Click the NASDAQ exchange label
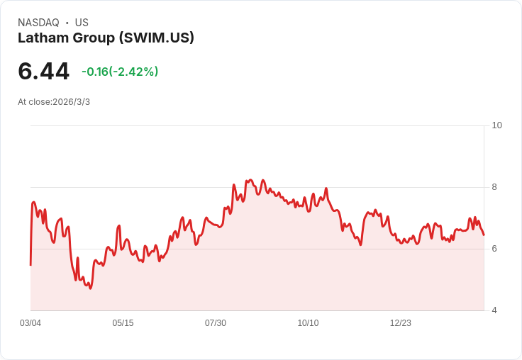(x=38, y=23)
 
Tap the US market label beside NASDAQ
(x=82, y=23)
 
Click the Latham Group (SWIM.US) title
(x=106, y=38)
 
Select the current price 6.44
(x=43, y=72)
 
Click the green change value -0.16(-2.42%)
(x=120, y=72)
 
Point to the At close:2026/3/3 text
(x=54, y=102)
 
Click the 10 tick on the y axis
(x=496, y=125)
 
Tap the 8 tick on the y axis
(x=495, y=187)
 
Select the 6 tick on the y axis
(x=495, y=249)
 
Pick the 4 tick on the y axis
(x=495, y=310)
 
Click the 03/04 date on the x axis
(x=30, y=323)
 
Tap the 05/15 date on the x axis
(x=123, y=323)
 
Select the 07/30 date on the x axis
(x=216, y=323)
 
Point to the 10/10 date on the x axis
(x=308, y=323)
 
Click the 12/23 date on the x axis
(x=401, y=323)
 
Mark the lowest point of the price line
(x=90, y=288)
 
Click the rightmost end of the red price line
(x=484, y=235)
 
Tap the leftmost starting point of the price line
(x=30, y=265)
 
